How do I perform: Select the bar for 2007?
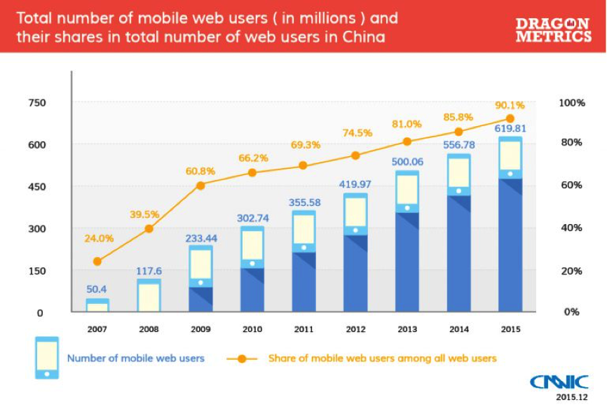pos(97,305)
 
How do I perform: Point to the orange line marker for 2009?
pos(200,186)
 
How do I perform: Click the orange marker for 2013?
pos(407,141)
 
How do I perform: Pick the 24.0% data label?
pos(99,238)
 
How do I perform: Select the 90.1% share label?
pos(510,105)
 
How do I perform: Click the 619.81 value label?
pos(510,129)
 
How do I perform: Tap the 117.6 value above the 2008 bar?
pos(149,271)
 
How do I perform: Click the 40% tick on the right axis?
pos(571,228)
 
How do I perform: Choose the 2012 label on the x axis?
pos(355,328)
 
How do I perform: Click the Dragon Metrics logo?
pos(553,30)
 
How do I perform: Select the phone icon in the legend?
pos(47,358)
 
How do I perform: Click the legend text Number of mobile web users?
pos(135,358)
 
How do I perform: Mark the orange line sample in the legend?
pos(242,359)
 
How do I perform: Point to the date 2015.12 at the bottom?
pos(568,397)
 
